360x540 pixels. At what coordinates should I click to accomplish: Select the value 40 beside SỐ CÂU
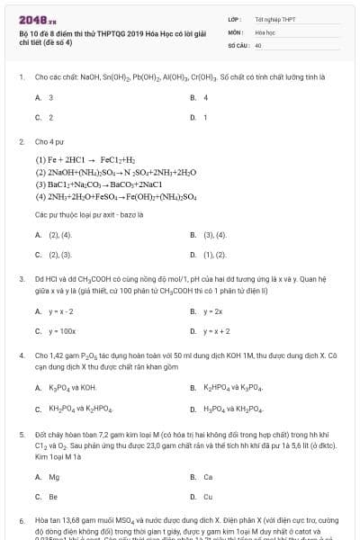click(258, 44)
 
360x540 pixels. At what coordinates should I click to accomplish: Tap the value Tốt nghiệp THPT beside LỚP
click(274, 18)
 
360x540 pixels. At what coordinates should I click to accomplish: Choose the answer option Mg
click(53, 476)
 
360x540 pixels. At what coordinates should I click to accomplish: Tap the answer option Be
click(53, 496)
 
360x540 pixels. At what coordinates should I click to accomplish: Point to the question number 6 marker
click(21, 521)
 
